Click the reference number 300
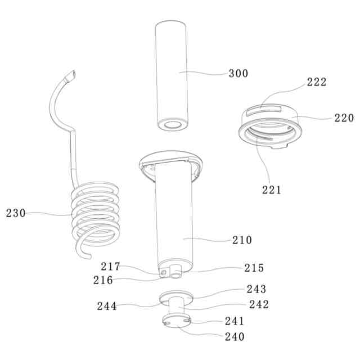pos(238,74)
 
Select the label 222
pos(317,82)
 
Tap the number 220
pos(344,118)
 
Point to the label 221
pos(272,190)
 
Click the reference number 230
pos(16,213)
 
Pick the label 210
pos(242,240)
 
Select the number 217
pos(110,267)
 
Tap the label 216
pos(103,280)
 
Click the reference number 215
pos(254,268)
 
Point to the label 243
pos(256,289)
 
